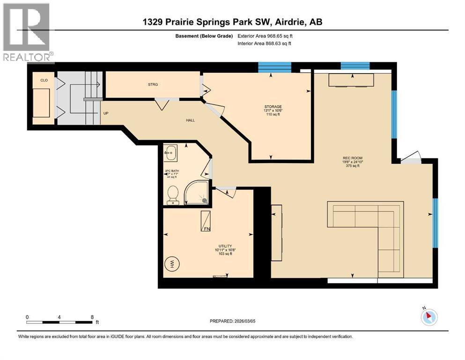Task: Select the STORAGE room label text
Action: pos(273,106)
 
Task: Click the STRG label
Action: pos(153,84)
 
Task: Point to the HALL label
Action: pos(190,120)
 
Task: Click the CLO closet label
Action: pos(44,80)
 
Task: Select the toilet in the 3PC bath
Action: pos(173,195)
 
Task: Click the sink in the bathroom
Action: pos(171,151)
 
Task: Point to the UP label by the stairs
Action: pos(106,113)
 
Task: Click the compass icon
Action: pos(428,317)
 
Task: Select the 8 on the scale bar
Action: pos(92,317)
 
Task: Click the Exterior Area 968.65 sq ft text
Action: pos(267,36)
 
